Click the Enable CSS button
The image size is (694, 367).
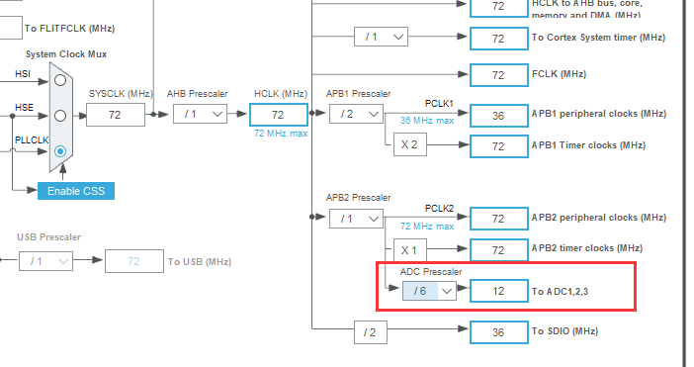(76, 190)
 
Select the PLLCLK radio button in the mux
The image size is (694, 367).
(60, 151)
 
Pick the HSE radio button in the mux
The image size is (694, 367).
(60, 115)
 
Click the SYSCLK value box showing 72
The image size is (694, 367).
(115, 115)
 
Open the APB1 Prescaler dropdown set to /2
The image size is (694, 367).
(356, 115)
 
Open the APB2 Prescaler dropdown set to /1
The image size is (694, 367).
(356, 218)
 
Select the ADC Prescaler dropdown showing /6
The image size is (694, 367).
(428, 291)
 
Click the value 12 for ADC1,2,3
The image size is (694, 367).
(498, 291)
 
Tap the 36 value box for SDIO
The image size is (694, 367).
(498, 331)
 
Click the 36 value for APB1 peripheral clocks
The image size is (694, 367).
(498, 115)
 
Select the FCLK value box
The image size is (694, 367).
(498, 74)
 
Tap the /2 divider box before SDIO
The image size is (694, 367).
(370, 331)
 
